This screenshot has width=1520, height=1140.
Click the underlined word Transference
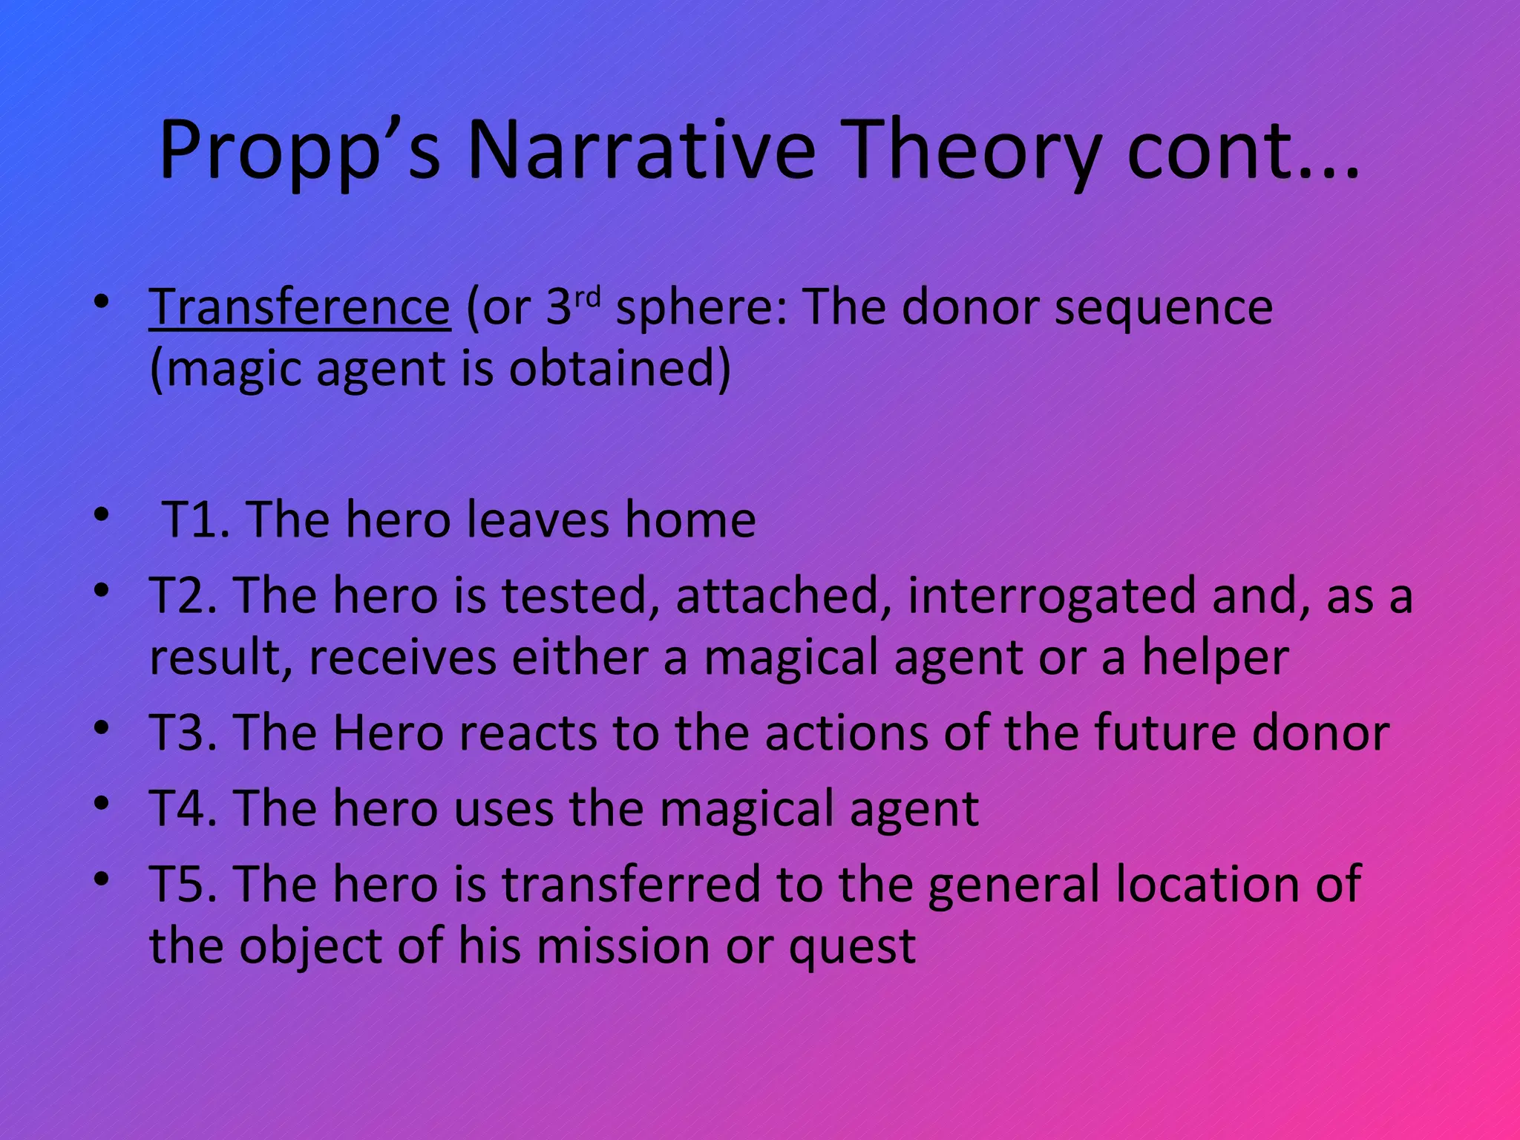(x=300, y=307)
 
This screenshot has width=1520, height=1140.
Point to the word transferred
(x=632, y=885)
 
